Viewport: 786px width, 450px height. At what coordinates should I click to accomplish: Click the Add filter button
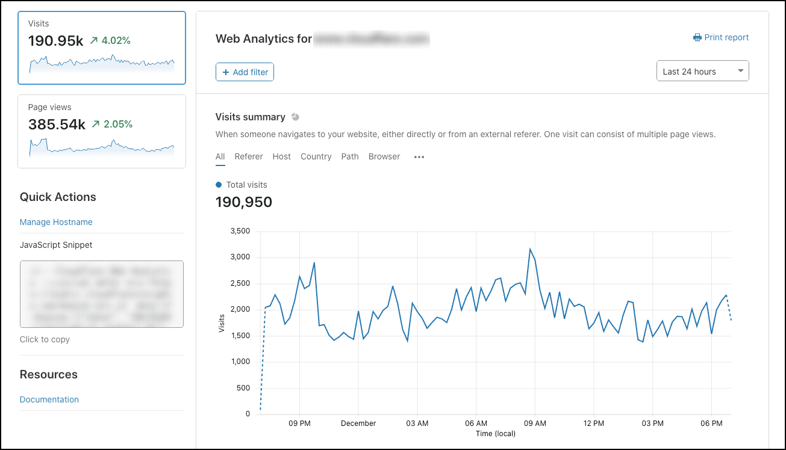245,72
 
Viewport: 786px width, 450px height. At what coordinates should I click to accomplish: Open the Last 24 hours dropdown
702,71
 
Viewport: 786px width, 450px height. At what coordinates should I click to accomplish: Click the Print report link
721,37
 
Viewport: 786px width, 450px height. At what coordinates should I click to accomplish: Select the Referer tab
249,156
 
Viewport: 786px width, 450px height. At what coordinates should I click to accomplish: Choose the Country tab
316,156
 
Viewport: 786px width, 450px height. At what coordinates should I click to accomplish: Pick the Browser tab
384,156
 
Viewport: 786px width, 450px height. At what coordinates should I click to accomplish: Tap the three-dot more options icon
419,157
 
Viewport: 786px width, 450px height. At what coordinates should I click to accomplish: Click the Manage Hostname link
56,222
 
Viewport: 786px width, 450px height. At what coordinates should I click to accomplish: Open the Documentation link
49,399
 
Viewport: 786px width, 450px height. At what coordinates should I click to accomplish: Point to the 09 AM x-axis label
535,424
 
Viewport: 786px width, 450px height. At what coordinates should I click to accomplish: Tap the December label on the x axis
358,424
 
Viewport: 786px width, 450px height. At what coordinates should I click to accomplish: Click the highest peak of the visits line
530,249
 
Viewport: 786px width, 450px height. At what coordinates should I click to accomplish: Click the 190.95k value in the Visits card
55,41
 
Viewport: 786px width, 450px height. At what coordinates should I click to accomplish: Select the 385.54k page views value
57,125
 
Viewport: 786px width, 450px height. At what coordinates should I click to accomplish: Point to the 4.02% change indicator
111,41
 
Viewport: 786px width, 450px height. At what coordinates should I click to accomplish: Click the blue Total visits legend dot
219,185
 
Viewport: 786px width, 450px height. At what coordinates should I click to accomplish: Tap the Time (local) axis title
494,433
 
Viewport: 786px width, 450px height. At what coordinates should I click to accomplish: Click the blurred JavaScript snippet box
101,294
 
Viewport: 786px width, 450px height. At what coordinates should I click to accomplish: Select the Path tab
350,156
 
